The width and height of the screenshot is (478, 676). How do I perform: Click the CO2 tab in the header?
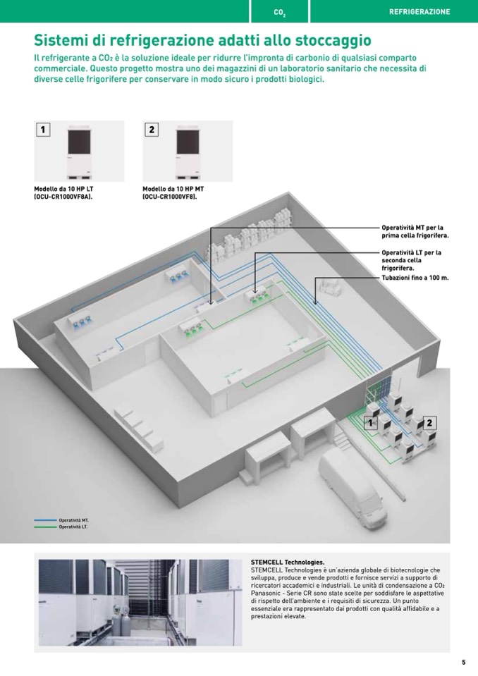coord(280,12)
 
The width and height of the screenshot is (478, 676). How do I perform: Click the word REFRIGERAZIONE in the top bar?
coord(419,12)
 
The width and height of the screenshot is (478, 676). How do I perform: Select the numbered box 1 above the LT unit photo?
coord(43,129)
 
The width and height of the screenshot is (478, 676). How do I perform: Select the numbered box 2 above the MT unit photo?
coord(152,129)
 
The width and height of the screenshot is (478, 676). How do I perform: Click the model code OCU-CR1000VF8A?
coord(63,197)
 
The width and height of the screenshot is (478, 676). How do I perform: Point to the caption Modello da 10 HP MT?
coord(173,189)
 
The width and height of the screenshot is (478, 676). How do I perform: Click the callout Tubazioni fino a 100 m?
coord(415,278)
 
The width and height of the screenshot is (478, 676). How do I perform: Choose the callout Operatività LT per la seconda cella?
coord(412,260)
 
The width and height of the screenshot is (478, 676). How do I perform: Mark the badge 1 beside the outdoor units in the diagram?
coord(370,423)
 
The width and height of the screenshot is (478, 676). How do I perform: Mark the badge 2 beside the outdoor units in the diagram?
coord(429,423)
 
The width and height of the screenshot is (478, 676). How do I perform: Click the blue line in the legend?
coord(45,520)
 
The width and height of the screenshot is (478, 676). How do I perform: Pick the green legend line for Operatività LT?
coord(45,527)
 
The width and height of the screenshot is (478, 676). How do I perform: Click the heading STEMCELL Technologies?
coord(288,563)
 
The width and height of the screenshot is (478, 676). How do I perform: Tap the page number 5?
coord(464,662)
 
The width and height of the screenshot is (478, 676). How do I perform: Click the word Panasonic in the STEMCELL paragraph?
coord(265,594)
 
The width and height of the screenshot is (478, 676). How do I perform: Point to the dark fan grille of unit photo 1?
coord(80,142)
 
